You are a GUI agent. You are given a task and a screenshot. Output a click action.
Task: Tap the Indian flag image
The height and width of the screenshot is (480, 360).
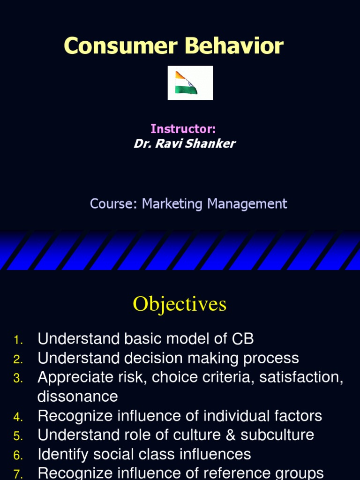coord(190,83)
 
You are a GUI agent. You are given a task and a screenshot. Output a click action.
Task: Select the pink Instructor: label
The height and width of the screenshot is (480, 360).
coord(183,129)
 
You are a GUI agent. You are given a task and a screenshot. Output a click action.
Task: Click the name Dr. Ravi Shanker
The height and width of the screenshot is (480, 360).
coord(184,143)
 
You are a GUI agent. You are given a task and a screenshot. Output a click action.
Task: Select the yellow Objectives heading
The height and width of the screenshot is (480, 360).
coord(180,304)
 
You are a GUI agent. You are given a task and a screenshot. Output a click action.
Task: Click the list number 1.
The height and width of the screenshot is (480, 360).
coord(18,339)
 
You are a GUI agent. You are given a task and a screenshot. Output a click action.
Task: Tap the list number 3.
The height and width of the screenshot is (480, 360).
coord(18,378)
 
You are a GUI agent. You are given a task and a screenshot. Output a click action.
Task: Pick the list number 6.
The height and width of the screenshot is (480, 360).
coord(18,455)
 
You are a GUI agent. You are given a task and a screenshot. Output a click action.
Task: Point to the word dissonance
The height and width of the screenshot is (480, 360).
coord(77,397)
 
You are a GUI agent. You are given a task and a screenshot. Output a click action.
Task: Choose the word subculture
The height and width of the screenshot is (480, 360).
coord(277,435)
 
